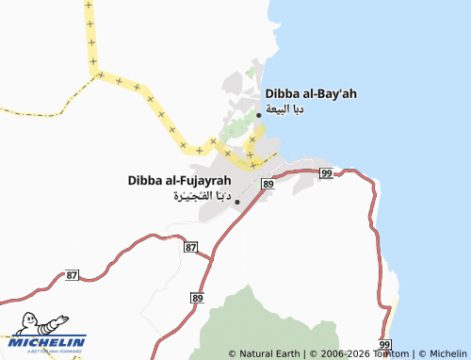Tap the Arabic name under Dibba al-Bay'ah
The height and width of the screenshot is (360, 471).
[284, 109]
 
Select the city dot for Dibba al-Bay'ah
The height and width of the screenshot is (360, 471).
[259, 114]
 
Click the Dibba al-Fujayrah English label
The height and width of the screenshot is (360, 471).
[179, 180]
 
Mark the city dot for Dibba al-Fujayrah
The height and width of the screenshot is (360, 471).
[236, 202]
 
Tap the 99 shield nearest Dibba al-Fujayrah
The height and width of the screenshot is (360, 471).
[325, 173]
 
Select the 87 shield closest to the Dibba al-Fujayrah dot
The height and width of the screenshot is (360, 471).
[191, 247]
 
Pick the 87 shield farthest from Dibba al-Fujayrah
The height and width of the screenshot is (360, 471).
[73, 274]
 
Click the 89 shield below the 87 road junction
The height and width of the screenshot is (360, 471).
[197, 298]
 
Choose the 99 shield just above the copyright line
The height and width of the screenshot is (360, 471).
[384, 344]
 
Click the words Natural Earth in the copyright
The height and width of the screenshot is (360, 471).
[269, 353]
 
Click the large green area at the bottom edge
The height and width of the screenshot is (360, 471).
[254, 325]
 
